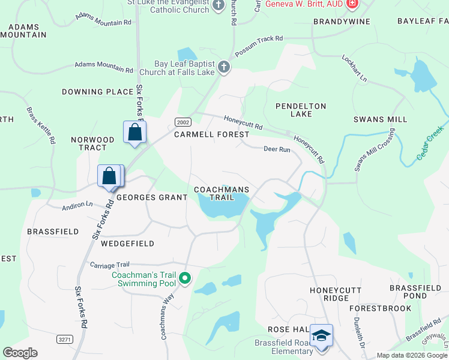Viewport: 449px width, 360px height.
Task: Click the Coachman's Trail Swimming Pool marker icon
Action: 185,278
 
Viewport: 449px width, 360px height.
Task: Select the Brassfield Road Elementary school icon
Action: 322,335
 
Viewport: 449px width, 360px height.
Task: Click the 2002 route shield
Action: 182,122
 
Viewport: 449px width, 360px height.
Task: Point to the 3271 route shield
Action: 65,339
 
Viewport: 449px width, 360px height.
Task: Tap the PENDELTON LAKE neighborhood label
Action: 300,110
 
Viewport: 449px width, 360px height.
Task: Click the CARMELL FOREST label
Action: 211,134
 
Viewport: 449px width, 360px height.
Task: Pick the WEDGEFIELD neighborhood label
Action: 127,244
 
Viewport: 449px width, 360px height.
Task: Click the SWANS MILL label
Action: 380,119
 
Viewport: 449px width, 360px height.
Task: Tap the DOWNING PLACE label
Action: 97,92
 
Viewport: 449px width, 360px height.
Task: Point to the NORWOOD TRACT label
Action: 88,143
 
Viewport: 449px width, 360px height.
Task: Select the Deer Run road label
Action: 277,149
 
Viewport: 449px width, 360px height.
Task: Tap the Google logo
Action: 20,353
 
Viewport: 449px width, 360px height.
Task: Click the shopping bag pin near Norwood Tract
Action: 134,132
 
